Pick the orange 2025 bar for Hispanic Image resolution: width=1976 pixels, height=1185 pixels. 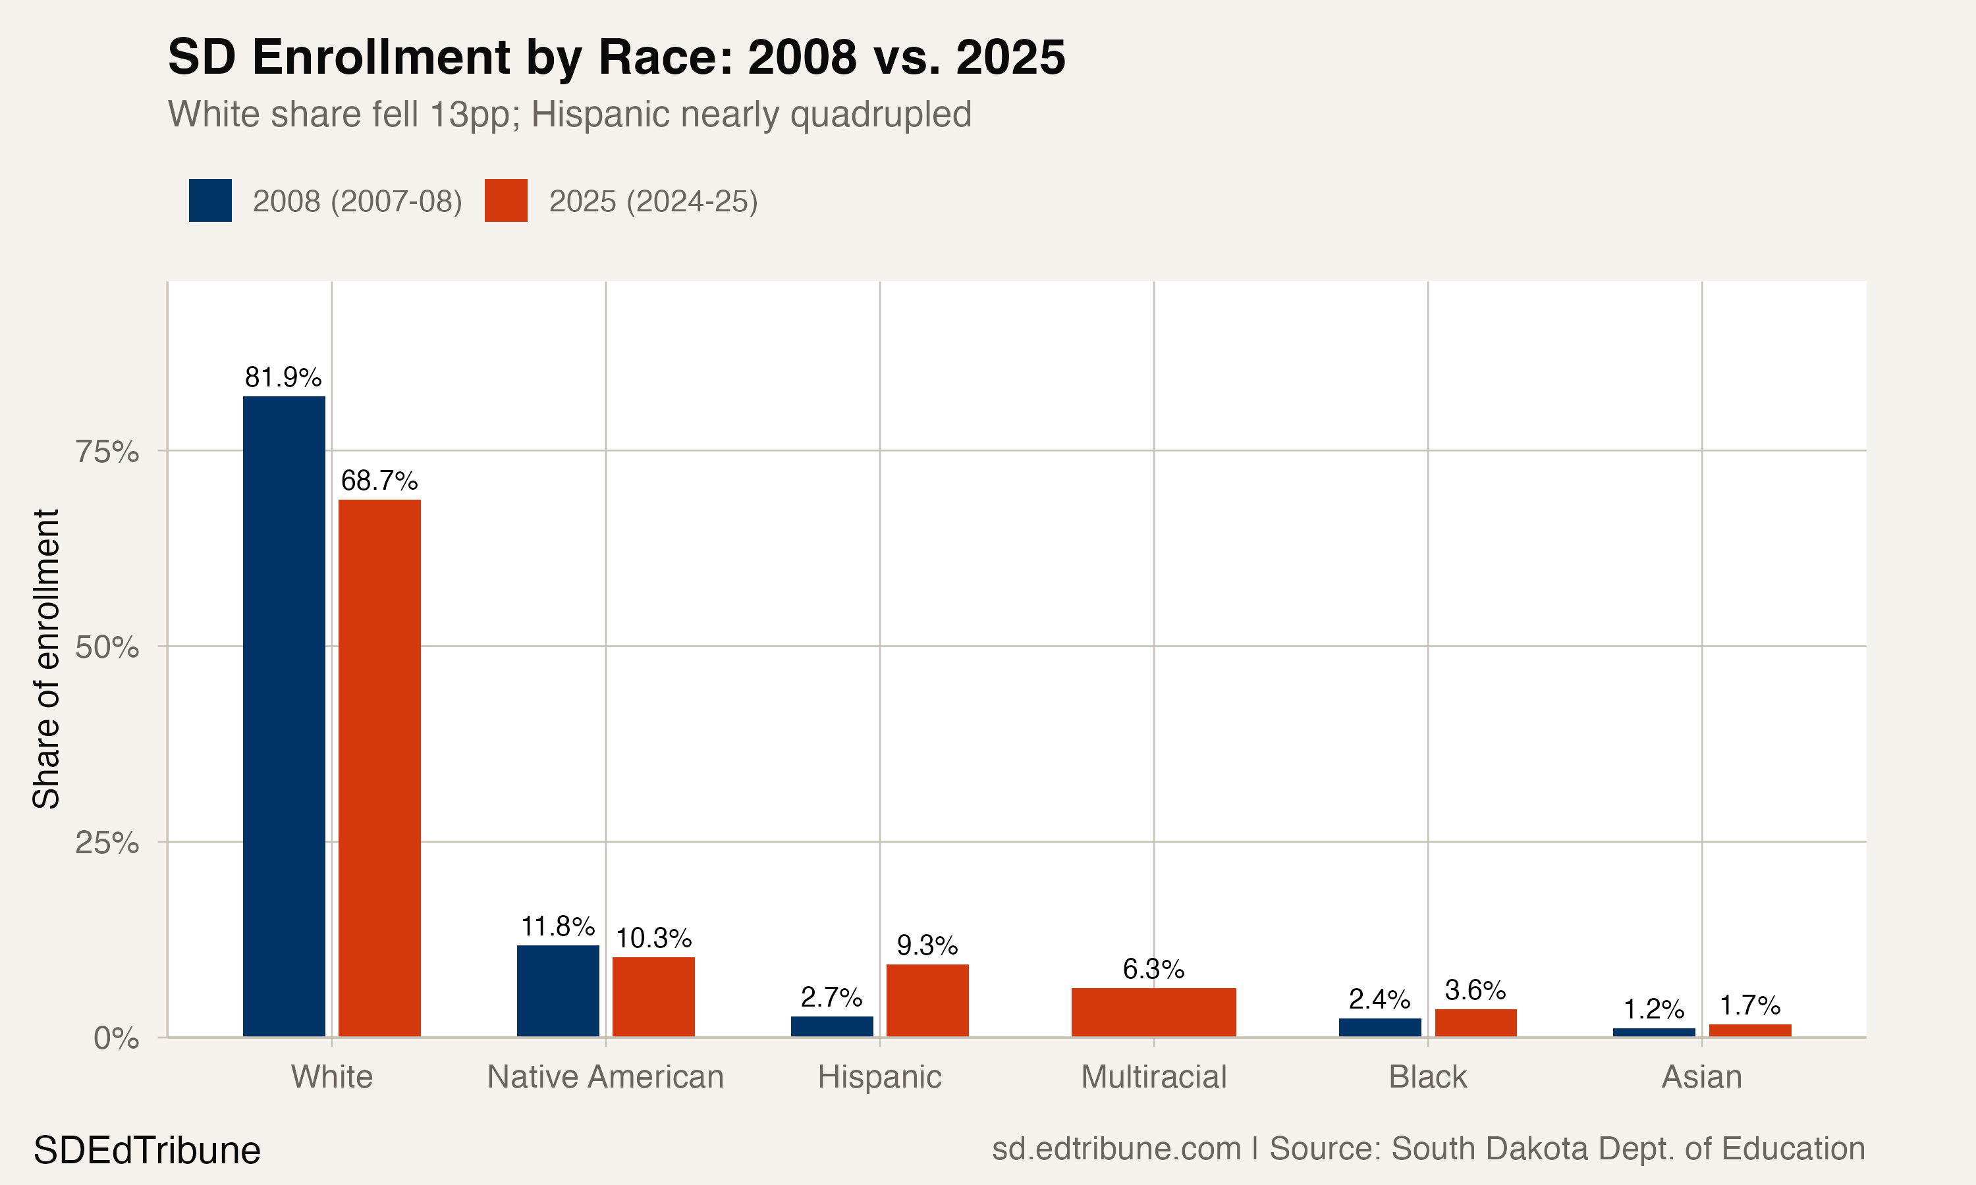click(927, 1001)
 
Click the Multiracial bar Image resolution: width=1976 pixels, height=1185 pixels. click(1153, 1013)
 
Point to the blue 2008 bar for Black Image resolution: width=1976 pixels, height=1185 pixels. click(1379, 1028)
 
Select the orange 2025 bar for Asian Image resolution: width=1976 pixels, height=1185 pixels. click(1750, 1031)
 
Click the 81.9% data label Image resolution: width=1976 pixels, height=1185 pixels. click(283, 377)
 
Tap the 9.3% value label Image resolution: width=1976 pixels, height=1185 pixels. click(927, 945)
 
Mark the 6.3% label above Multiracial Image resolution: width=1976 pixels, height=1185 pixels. click(1153, 970)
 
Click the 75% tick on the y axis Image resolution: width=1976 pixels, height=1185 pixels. click(107, 452)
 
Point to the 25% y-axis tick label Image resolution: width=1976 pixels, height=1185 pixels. click(107, 843)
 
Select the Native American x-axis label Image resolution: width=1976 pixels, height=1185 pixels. click(605, 1077)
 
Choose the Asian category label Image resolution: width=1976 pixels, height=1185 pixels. click(1701, 1077)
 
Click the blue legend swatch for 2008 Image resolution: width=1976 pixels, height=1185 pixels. click(210, 200)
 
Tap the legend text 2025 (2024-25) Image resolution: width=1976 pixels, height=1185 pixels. click(653, 201)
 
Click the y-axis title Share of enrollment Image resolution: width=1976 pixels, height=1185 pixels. click(46, 659)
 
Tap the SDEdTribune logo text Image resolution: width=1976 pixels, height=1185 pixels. click(147, 1151)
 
